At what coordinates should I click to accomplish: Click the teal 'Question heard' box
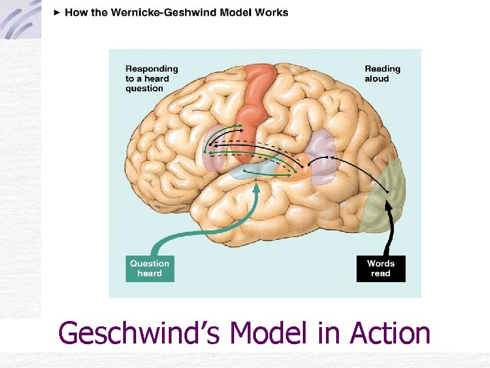pyautogui.click(x=150, y=268)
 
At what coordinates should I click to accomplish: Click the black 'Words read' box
pyautogui.click(x=380, y=268)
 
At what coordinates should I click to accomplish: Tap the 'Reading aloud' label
pyautogui.click(x=382, y=74)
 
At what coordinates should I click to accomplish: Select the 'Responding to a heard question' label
pyautogui.click(x=151, y=78)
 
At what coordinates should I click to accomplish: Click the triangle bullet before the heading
pyautogui.click(x=56, y=12)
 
